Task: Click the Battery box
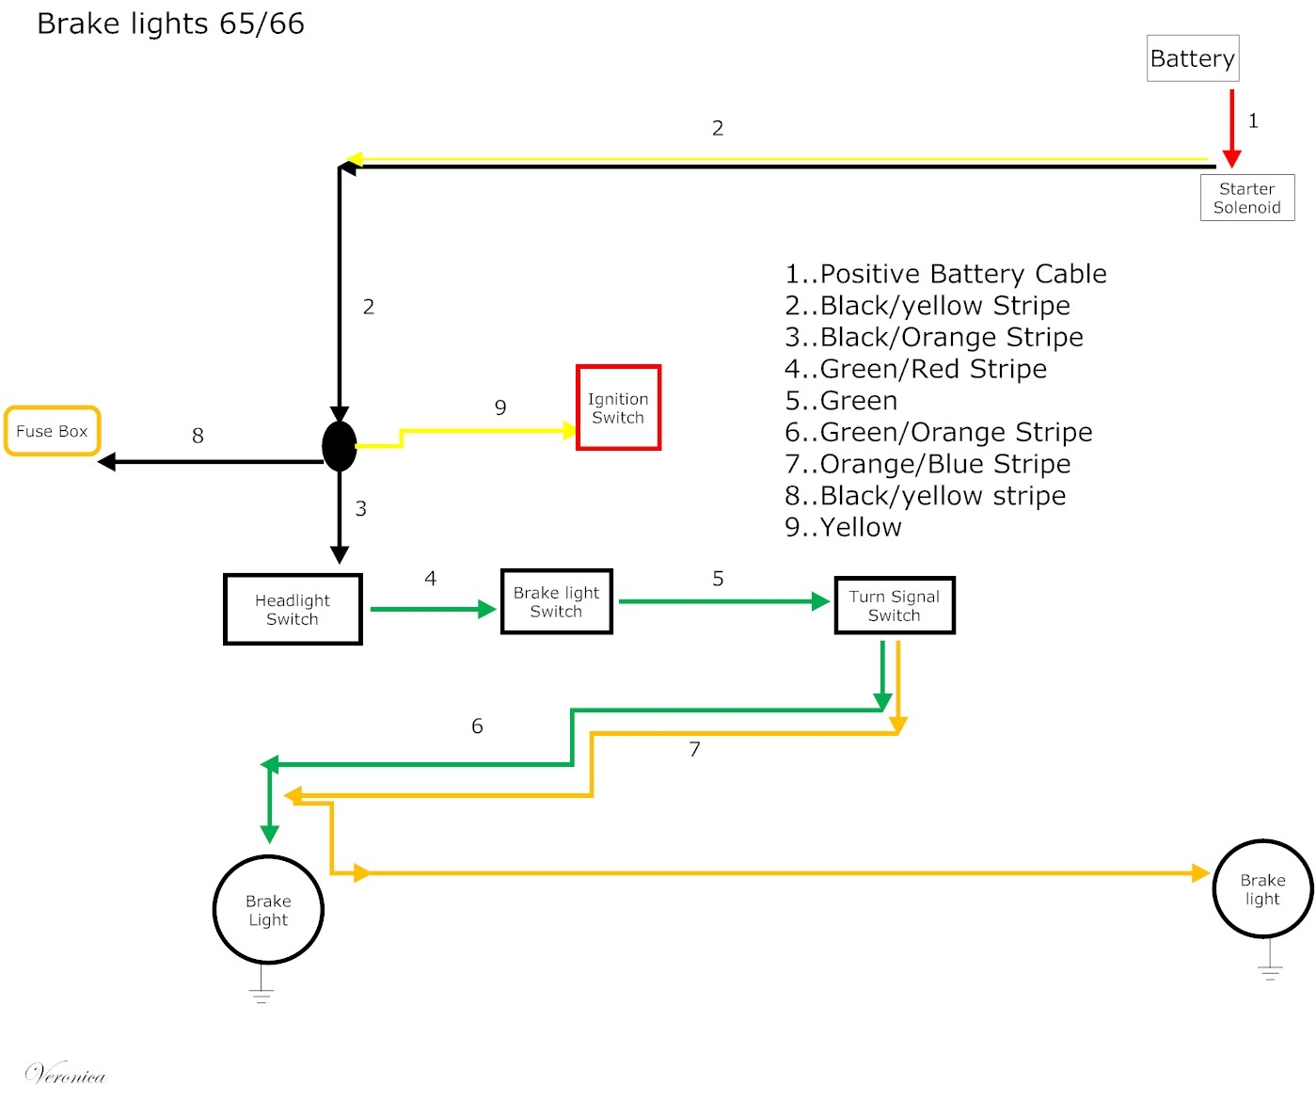[1192, 58]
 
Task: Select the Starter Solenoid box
[1246, 198]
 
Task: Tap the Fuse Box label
[53, 431]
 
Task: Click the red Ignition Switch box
[618, 408]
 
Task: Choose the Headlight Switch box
[293, 610]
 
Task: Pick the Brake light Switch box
[556, 601]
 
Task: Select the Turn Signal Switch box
[894, 606]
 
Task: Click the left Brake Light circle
[268, 910]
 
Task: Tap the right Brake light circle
[1261, 889]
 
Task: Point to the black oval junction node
[340, 446]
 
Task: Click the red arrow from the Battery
[1231, 127]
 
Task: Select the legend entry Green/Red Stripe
[915, 369]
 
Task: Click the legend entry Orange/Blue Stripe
[928, 464]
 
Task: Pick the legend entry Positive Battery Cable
[945, 274]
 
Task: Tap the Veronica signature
[65, 1074]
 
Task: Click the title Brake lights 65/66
[170, 24]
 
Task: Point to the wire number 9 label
[500, 407]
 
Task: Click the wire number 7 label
[694, 749]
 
